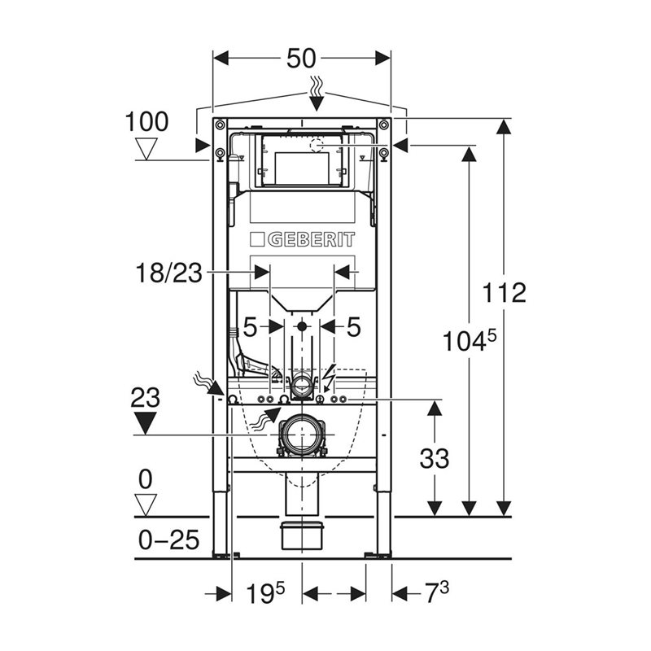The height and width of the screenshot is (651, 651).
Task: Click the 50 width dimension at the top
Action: tap(301, 58)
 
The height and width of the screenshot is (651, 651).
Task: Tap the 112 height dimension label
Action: tap(504, 292)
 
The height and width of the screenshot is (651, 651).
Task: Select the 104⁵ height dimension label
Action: tap(469, 341)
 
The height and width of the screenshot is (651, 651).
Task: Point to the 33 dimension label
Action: tap(435, 458)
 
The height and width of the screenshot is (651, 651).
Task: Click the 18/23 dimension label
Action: tap(168, 273)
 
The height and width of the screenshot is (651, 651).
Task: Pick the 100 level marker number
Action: tap(146, 121)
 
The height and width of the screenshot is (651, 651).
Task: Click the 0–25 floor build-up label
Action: tap(168, 540)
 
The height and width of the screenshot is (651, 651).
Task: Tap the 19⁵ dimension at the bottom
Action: tap(266, 593)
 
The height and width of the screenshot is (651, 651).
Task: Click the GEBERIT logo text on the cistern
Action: tap(311, 239)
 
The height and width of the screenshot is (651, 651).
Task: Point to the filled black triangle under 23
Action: tap(145, 423)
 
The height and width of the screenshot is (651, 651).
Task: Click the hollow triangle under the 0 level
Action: tap(146, 505)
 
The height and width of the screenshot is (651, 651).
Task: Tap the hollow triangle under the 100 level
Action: tap(146, 149)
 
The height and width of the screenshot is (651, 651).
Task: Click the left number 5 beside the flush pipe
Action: tap(250, 328)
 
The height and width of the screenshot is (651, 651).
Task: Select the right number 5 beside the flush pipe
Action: tap(353, 328)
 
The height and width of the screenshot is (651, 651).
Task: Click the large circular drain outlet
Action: tap(302, 435)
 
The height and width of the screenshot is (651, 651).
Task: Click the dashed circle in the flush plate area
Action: tap(317, 146)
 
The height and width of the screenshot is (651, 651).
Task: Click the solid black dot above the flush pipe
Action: tap(302, 326)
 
